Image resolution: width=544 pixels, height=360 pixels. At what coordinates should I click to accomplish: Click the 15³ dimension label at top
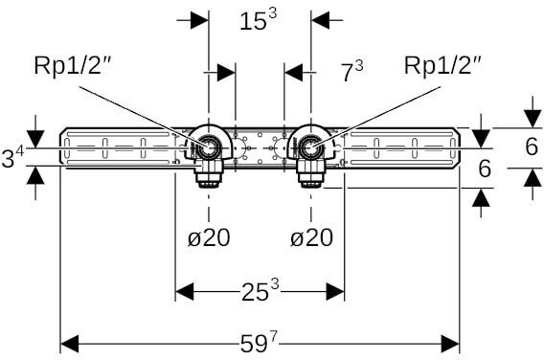259,20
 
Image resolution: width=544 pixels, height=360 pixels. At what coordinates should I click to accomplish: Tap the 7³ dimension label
351,71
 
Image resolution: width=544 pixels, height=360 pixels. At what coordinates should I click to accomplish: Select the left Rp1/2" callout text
72,65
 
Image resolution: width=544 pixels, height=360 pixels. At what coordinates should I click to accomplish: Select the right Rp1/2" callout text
442,65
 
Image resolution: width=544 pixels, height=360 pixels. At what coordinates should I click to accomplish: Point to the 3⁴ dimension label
12,157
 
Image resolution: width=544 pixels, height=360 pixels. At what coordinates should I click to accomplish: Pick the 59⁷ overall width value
260,344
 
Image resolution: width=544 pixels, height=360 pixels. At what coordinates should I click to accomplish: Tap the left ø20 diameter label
209,237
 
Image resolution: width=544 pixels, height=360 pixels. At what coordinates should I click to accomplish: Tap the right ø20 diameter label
311,237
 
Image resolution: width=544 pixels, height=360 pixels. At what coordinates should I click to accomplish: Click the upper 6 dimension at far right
532,146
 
